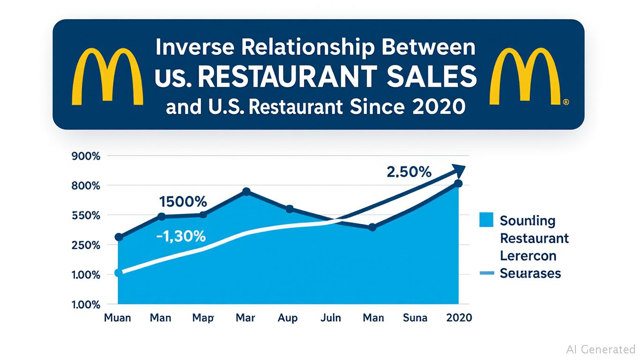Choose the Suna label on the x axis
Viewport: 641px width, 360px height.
[415, 318]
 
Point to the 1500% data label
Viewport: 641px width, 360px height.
[183, 202]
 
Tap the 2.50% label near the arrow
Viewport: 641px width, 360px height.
[409, 172]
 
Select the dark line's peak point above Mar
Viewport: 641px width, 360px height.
[246, 191]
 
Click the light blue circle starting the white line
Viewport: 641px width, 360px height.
[119, 273]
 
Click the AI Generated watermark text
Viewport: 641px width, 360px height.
[600, 349]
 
